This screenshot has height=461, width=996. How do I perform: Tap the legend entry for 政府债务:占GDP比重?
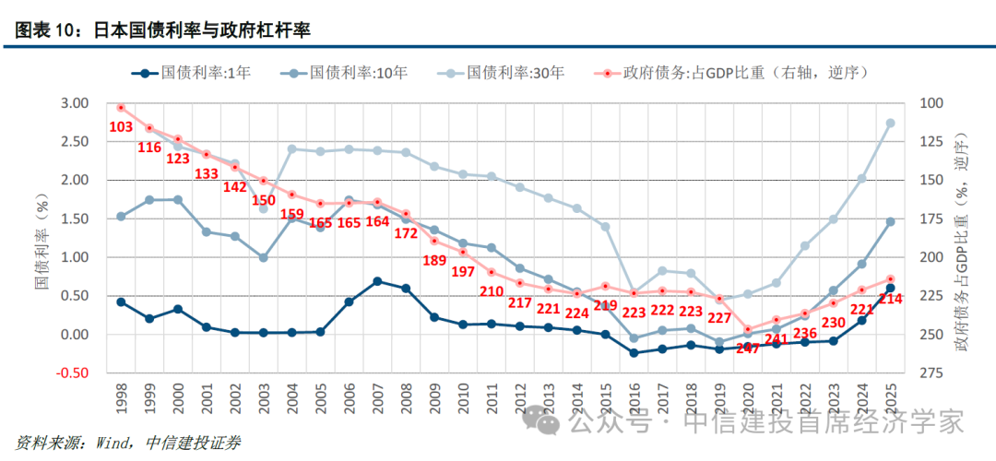coord(729,71)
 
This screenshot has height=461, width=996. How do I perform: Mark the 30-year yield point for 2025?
coord(890,123)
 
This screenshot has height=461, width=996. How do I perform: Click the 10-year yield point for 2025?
coord(890,221)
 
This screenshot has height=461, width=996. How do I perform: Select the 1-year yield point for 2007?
coord(377,281)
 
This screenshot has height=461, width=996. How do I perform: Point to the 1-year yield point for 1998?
coord(121,301)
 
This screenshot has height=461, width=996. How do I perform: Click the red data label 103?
coord(122,126)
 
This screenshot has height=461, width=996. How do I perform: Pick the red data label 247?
coord(748,348)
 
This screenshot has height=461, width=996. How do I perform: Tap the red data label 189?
coord(433,260)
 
